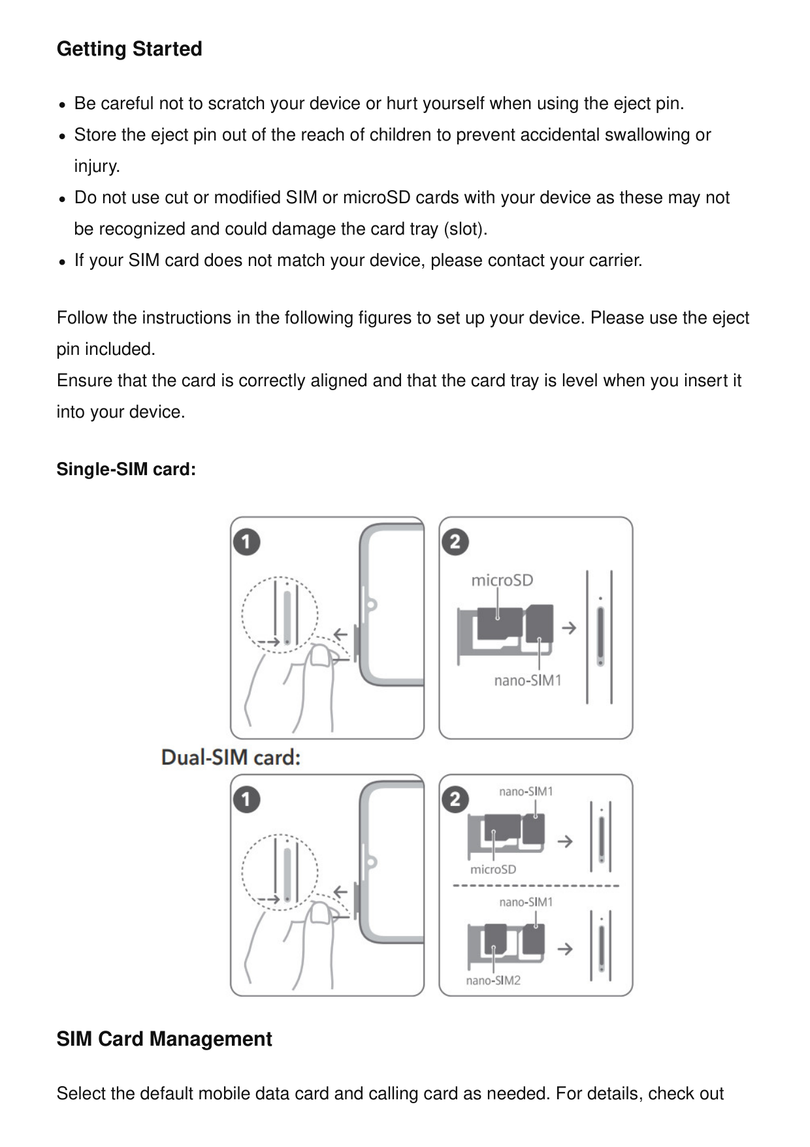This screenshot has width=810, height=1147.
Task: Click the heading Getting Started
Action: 129,49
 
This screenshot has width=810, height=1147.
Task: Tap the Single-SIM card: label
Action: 126,469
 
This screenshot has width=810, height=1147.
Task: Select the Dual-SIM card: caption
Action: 231,757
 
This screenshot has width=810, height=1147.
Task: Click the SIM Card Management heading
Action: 164,1039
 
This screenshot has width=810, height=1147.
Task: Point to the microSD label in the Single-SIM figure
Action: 502,580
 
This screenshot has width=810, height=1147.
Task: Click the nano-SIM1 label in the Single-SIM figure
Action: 528,680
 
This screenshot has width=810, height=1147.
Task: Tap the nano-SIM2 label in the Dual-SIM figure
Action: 493,980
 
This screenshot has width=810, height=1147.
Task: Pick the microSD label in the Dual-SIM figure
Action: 493,869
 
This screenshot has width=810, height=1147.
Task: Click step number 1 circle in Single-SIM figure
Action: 247,542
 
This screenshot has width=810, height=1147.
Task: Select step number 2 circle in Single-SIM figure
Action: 455,542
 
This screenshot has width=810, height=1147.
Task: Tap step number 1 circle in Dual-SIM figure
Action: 247,799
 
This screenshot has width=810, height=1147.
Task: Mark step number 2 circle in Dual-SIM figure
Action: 455,799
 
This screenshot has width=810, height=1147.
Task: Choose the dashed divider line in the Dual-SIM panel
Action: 536,886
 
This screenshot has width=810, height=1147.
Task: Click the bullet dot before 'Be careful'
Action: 61,105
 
